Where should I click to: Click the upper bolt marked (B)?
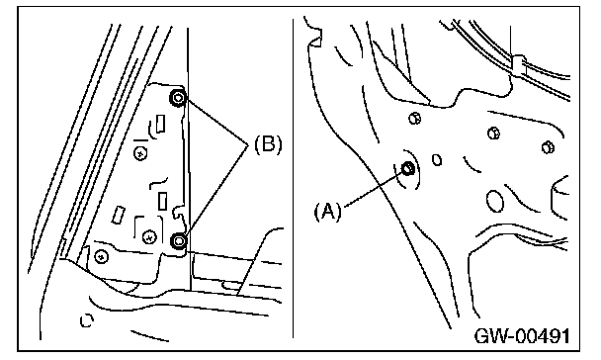click(x=178, y=98)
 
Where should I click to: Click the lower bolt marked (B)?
click(x=178, y=241)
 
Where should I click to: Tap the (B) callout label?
click(x=268, y=144)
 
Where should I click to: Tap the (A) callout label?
click(x=328, y=212)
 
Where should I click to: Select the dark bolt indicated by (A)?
click(x=407, y=168)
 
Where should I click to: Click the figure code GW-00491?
click(x=522, y=336)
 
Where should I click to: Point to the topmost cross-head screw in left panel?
click(x=140, y=153)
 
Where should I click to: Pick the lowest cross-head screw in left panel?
click(x=101, y=256)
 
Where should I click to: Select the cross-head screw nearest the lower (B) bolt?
click(x=149, y=237)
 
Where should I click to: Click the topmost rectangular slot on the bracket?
click(x=160, y=124)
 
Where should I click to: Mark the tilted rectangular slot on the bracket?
click(x=119, y=215)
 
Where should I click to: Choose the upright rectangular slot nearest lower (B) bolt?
click(x=162, y=201)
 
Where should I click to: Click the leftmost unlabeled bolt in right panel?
click(x=414, y=118)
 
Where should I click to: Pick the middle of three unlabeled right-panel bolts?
click(x=493, y=134)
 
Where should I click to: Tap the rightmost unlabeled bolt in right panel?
click(x=548, y=147)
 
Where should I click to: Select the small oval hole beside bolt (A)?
click(x=437, y=160)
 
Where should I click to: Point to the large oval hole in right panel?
click(x=495, y=201)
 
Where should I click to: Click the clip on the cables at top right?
click(x=518, y=65)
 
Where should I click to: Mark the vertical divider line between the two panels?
click(x=294, y=178)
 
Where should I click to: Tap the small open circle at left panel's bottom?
click(x=87, y=320)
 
